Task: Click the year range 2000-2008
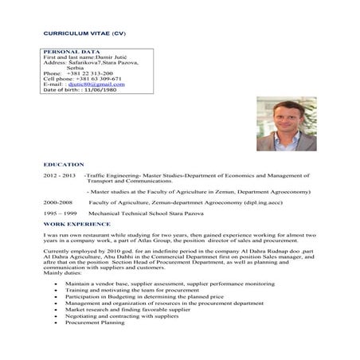[x=58, y=202]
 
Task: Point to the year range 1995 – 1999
[x=60, y=214]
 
